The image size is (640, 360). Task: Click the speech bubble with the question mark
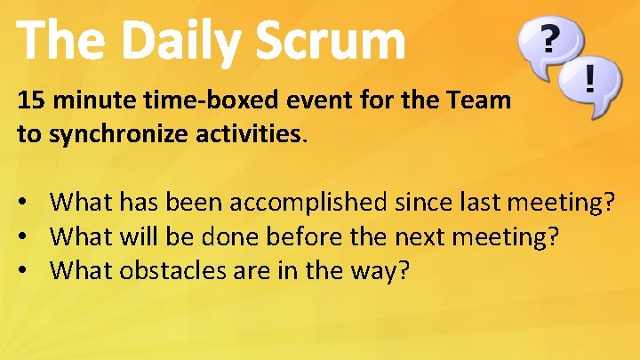tap(550, 44)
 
